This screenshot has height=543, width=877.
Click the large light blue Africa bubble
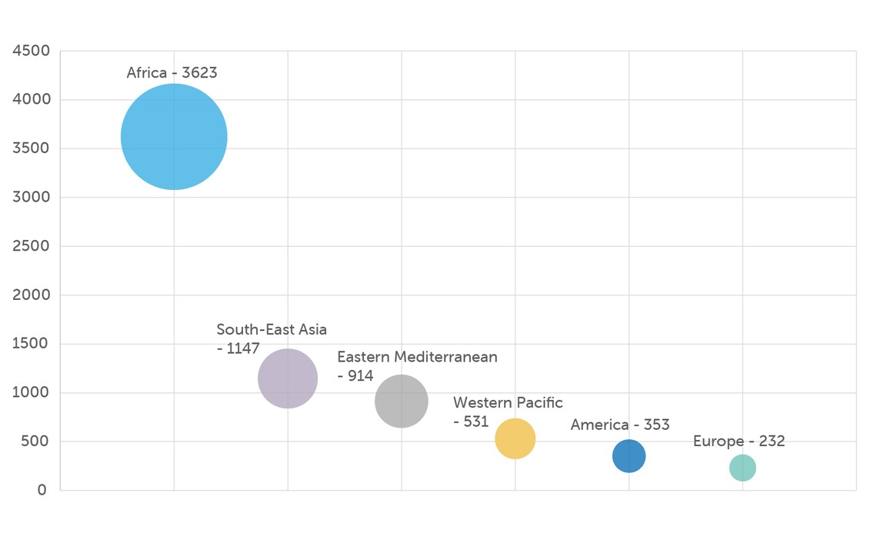point(174,137)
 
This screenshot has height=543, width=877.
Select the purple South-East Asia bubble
point(288,378)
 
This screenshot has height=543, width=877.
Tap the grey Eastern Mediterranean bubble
point(402,401)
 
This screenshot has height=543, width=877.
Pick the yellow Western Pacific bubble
point(515,438)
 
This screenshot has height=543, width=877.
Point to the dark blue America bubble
point(629,456)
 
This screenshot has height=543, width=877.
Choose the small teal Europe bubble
point(742,468)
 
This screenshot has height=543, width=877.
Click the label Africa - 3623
point(172,73)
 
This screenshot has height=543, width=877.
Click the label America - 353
point(620,425)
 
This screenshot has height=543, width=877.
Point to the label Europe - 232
point(739,441)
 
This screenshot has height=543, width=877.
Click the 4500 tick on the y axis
point(32,52)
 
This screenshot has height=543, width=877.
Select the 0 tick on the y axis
point(42,490)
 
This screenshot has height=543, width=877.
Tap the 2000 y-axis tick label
point(32,295)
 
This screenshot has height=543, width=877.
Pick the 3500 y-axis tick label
point(32,148)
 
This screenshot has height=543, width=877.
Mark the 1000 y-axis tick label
point(32,393)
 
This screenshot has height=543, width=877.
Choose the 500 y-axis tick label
point(35,441)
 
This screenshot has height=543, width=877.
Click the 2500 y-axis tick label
point(32,246)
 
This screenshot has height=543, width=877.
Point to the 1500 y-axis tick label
point(32,344)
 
